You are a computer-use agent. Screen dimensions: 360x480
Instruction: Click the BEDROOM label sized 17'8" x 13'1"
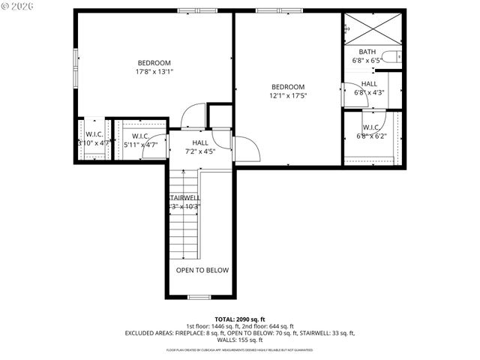click(x=154, y=62)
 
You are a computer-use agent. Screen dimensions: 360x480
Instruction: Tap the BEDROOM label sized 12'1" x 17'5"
click(x=288, y=86)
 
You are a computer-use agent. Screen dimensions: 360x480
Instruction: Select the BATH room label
click(x=367, y=51)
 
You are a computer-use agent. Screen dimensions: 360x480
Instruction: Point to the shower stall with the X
click(x=373, y=28)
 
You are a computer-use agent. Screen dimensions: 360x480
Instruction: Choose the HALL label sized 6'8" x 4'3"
click(x=369, y=84)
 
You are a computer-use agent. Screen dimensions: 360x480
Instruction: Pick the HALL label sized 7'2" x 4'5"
click(x=200, y=142)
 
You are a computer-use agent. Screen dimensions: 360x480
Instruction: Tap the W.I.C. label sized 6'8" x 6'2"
click(x=371, y=127)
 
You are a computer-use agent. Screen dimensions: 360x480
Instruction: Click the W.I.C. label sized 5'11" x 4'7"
click(x=140, y=136)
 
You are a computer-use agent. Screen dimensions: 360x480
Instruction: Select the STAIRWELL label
click(x=184, y=197)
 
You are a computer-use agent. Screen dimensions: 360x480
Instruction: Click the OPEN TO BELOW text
click(x=202, y=270)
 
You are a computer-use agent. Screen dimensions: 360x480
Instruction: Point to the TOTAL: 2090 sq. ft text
click(x=240, y=319)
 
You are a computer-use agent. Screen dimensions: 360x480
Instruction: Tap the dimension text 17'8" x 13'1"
click(x=154, y=72)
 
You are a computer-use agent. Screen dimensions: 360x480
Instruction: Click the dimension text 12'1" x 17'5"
click(x=288, y=96)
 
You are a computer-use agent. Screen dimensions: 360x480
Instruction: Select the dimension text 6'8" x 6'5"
click(x=367, y=60)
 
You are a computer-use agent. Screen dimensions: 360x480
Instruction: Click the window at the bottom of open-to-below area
click(x=198, y=297)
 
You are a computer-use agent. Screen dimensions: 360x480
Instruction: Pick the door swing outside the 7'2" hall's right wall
click(x=247, y=149)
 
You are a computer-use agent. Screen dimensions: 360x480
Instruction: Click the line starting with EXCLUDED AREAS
click(x=240, y=332)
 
